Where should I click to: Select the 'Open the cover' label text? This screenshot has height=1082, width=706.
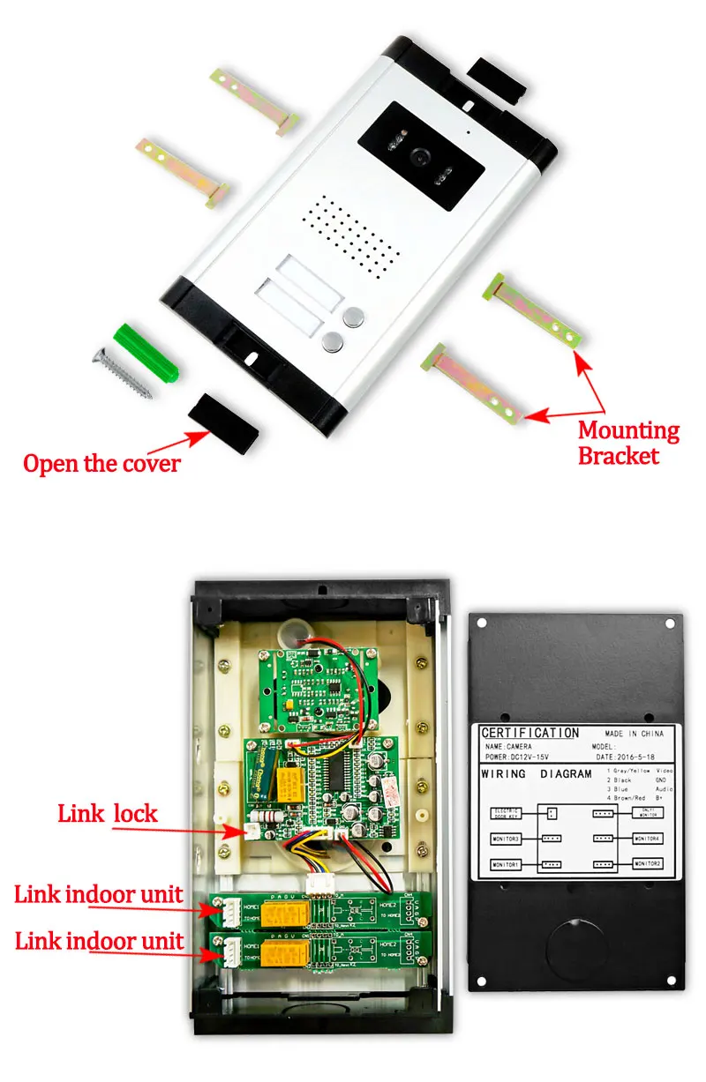click(101, 463)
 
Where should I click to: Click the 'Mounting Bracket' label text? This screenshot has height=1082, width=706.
click(628, 443)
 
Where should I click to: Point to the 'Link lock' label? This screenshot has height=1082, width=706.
click(107, 812)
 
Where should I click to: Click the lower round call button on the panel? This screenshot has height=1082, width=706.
click(333, 342)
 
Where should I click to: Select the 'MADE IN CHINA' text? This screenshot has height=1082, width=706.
click(634, 734)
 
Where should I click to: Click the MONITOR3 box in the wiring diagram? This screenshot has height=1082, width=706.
click(507, 838)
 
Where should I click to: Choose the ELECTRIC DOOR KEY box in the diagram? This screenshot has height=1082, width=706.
click(507, 813)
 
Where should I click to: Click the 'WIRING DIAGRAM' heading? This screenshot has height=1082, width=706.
click(537, 774)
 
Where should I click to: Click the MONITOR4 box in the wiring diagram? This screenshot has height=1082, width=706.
click(647, 838)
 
